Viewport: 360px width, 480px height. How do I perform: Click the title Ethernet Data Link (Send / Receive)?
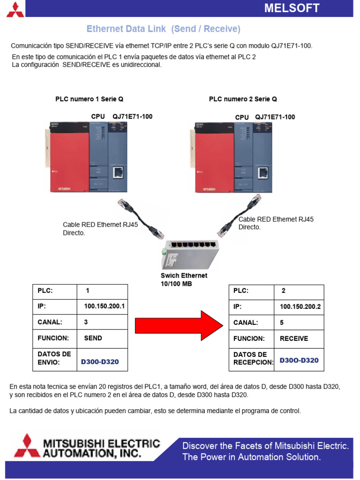pyautogui.click(x=163, y=29)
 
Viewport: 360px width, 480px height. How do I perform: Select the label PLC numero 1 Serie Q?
pyautogui.click(x=89, y=99)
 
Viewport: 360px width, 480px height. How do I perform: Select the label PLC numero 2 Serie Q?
pyautogui.click(x=243, y=99)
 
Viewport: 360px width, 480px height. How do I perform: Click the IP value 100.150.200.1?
pyautogui.click(x=104, y=307)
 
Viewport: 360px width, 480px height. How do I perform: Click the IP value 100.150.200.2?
pyautogui.click(x=300, y=307)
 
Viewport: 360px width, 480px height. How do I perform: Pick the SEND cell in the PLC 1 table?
pyautogui.click(x=93, y=338)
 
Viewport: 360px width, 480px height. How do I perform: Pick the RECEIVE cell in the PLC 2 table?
pyautogui.click(x=294, y=338)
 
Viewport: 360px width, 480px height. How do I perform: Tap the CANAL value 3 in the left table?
pyautogui.click(x=86, y=322)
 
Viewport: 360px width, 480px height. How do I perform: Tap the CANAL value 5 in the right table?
pyautogui.click(x=282, y=322)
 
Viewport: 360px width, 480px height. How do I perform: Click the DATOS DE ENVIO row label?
pyautogui.click(x=54, y=358)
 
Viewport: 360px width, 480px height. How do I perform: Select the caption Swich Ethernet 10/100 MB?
pyautogui.click(x=184, y=280)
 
